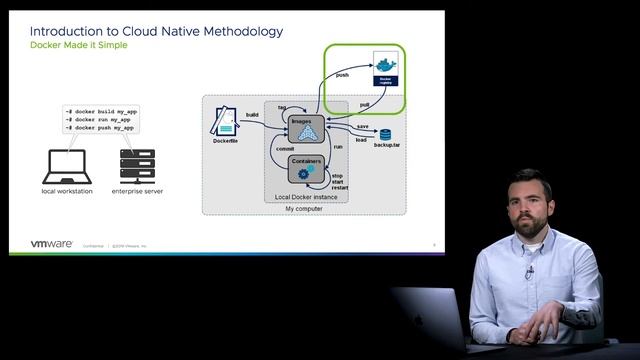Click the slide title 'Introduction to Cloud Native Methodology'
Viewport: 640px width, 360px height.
point(156,31)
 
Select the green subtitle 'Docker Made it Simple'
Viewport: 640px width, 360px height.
point(79,47)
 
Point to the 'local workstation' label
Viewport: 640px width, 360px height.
point(68,190)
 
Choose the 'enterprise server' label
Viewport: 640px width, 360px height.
point(139,190)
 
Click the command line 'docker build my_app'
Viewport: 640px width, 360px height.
point(100,112)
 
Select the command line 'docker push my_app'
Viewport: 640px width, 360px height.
point(99,128)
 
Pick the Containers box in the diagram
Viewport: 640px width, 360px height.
point(305,167)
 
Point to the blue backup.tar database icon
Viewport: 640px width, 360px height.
point(384,134)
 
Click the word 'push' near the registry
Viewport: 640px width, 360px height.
point(342,74)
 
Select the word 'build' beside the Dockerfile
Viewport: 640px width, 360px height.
point(253,115)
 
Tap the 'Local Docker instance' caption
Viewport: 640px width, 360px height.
point(306,197)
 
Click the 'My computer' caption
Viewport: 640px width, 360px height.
point(304,208)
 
